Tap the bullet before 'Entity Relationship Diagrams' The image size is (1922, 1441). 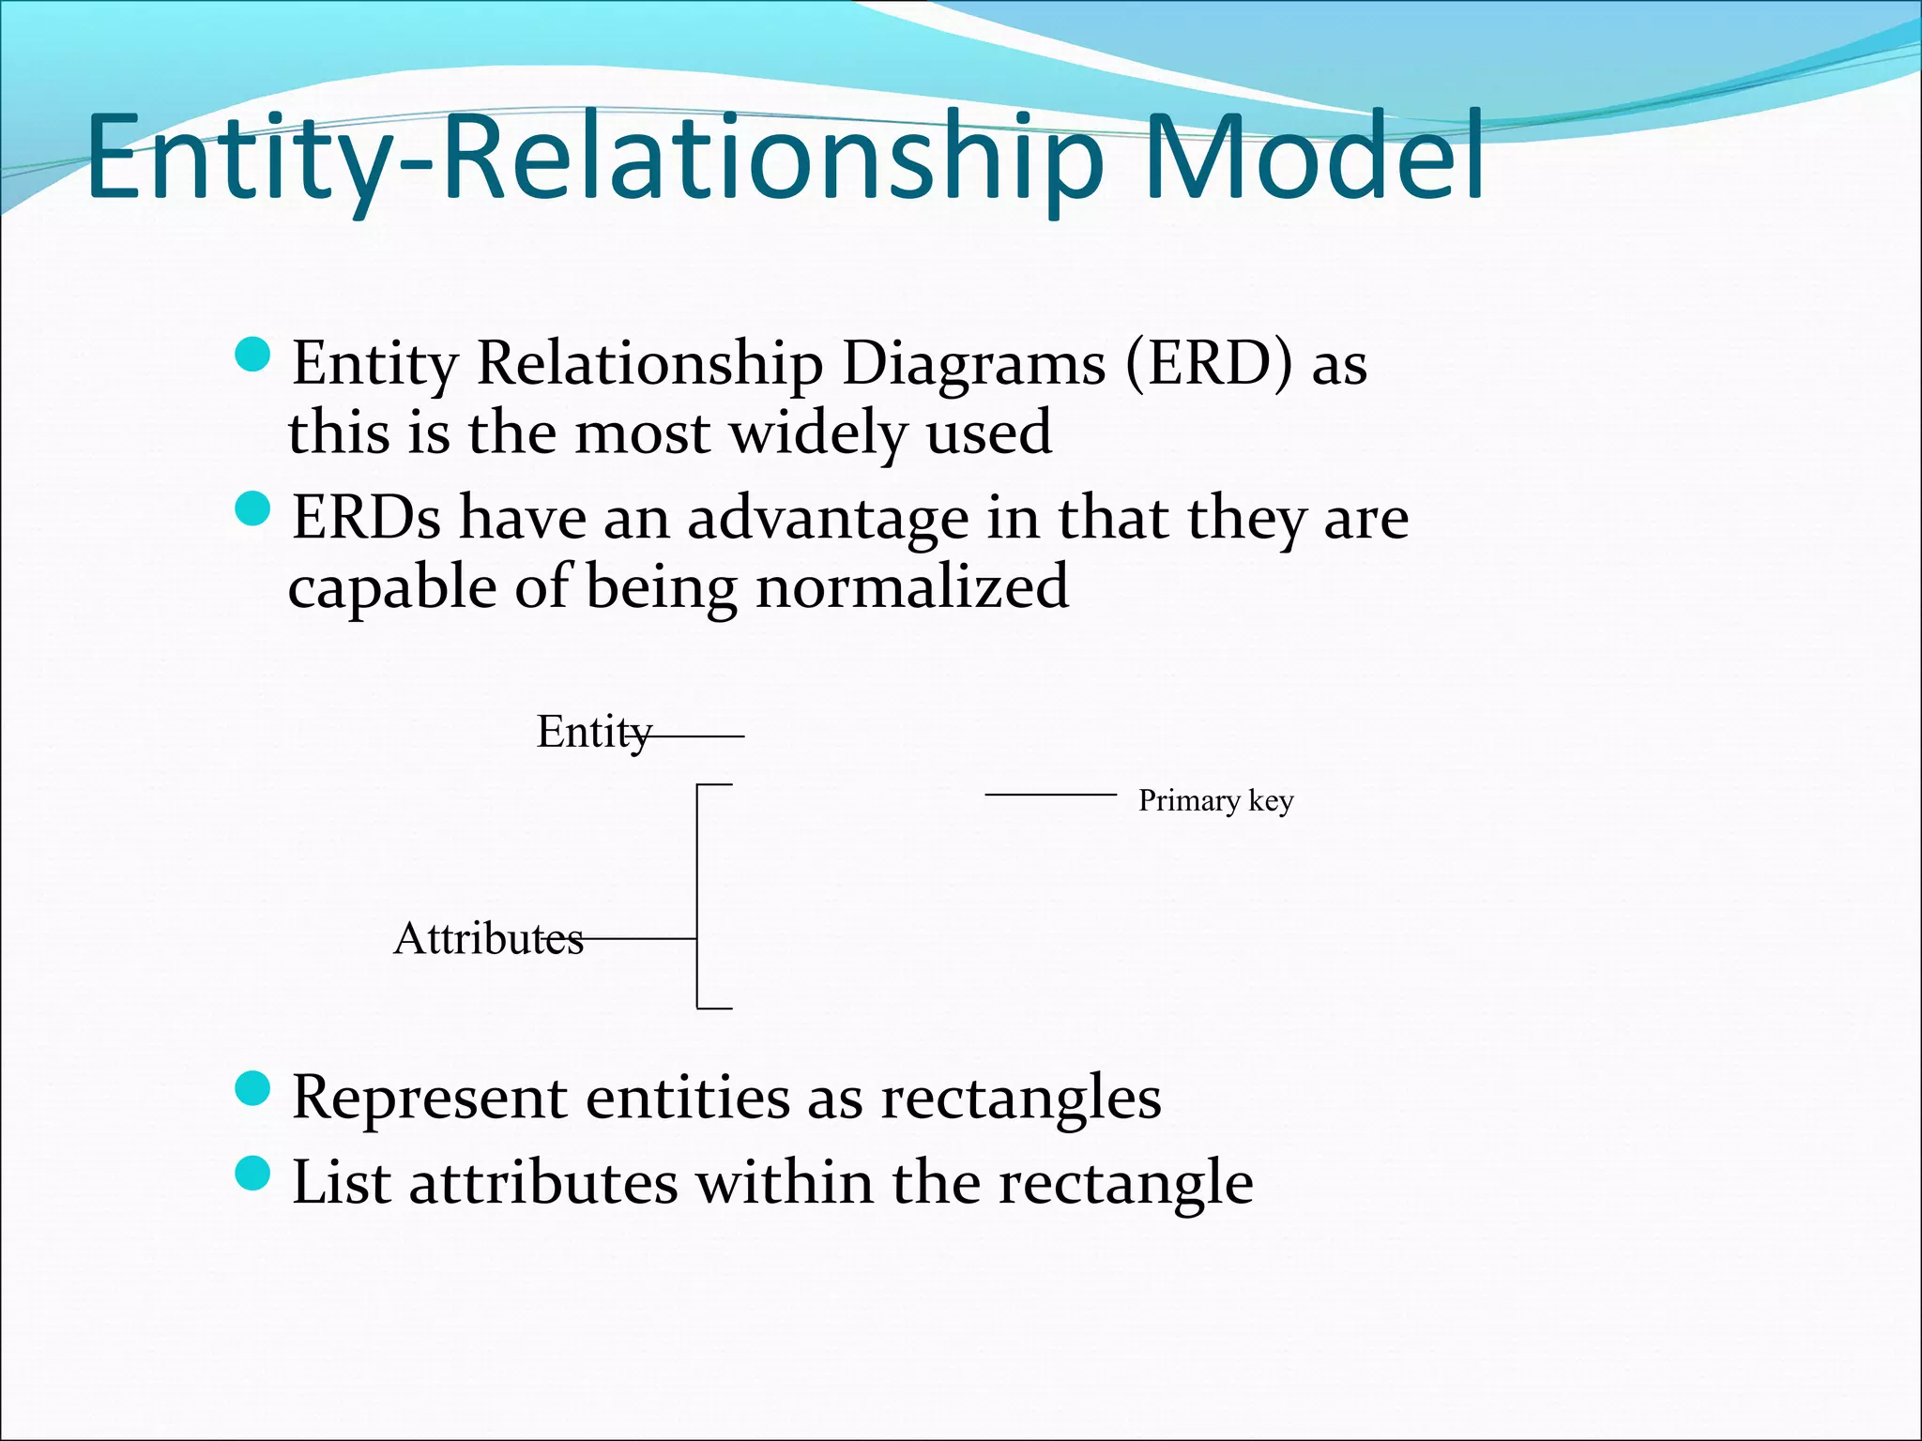pyautogui.click(x=252, y=356)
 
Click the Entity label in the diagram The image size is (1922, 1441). pyautogui.click(x=591, y=732)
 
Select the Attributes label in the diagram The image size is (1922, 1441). pyautogui.click(x=488, y=938)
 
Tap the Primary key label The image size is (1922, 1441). pyautogui.click(x=1215, y=800)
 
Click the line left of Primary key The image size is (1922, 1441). pyautogui.click(x=1050, y=795)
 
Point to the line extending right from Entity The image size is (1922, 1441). pyautogui.click(x=694, y=737)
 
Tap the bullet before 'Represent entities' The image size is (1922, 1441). pyautogui.click(x=252, y=1089)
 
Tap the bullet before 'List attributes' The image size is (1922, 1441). pyautogui.click(x=252, y=1173)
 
